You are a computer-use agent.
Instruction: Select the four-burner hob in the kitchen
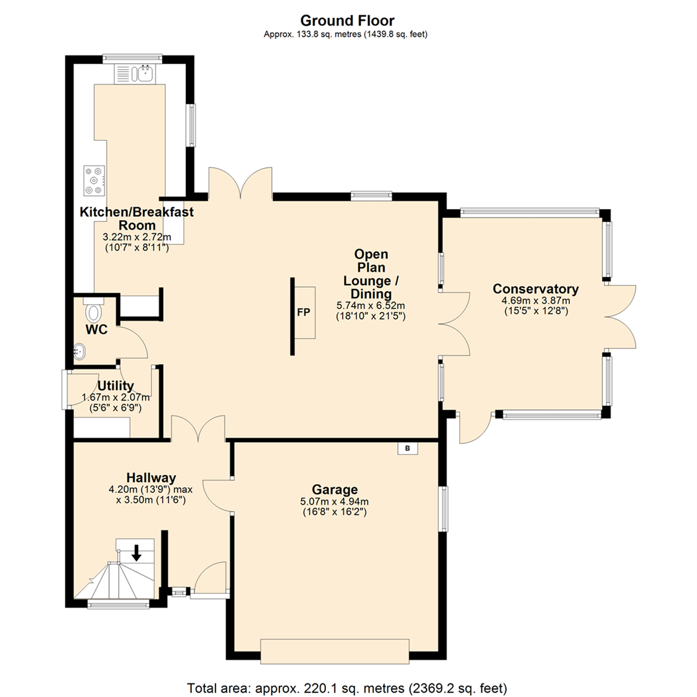94,180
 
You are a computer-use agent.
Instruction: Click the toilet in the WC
94,310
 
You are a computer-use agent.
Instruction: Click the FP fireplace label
303,312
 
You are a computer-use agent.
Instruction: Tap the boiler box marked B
407,448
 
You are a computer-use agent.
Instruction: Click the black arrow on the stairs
136,552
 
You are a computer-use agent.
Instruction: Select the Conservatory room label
536,288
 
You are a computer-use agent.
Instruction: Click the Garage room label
335,489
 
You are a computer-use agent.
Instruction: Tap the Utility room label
116,386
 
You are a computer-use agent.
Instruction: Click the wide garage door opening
334,651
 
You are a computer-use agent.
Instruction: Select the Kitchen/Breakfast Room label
136,218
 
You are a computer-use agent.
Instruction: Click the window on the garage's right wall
444,509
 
